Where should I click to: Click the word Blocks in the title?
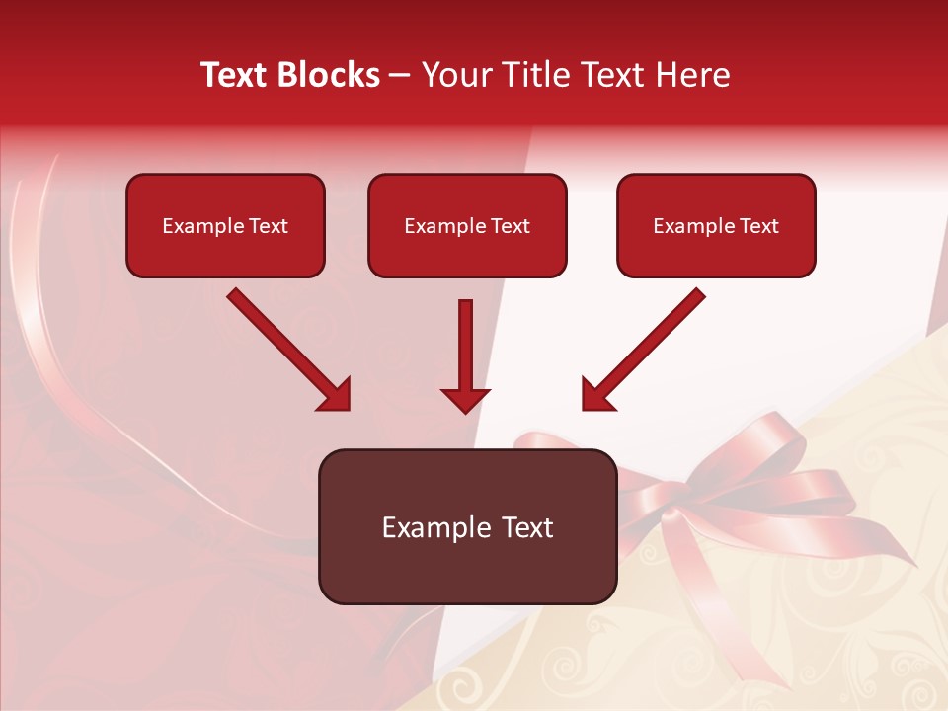tap(329, 75)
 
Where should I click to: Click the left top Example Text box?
tap(225, 225)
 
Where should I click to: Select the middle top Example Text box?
tap(467, 225)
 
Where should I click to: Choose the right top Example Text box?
tap(716, 225)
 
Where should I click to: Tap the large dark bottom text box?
tap(467, 526)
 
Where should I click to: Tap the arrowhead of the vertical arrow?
tap(465, 399)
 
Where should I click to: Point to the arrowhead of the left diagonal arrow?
tap(336, 395)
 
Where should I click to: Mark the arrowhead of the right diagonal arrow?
tap(596, 395)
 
